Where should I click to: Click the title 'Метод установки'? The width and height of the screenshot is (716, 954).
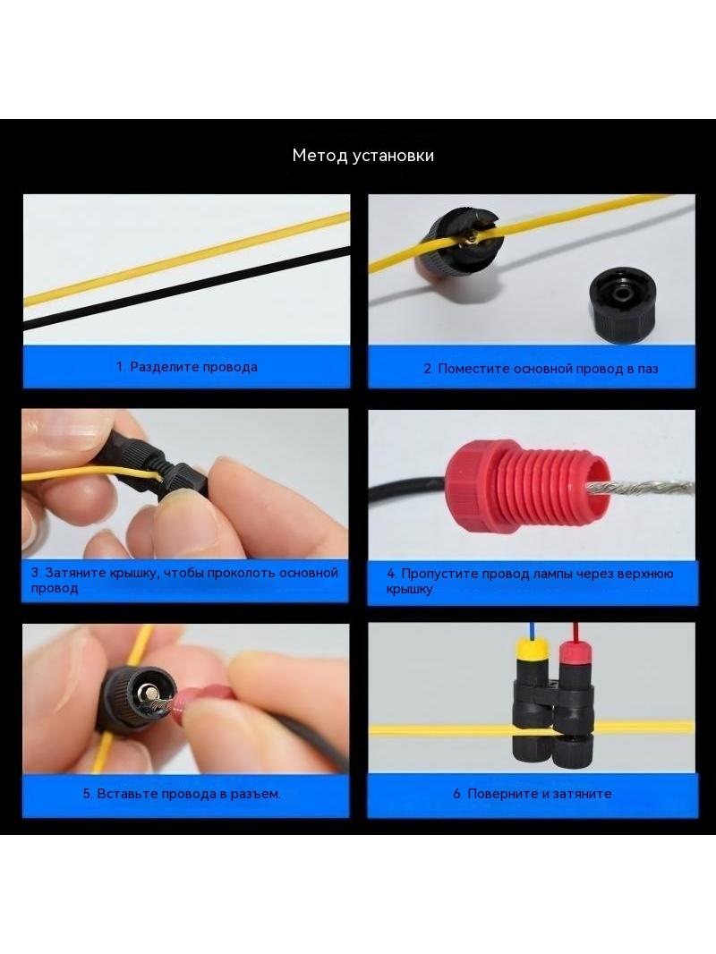pos(363,156)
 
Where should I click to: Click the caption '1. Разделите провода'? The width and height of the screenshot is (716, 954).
pos(187,367)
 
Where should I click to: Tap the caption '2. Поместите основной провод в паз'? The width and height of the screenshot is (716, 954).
pos(541,369)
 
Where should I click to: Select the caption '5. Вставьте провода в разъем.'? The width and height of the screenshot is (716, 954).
pos(182,794)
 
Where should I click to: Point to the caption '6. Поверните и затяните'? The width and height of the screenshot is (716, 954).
pos(533,794)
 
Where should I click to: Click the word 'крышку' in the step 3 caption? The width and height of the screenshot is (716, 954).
pos(131,573)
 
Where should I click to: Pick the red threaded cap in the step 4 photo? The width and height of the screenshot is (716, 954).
pos(527,488)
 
